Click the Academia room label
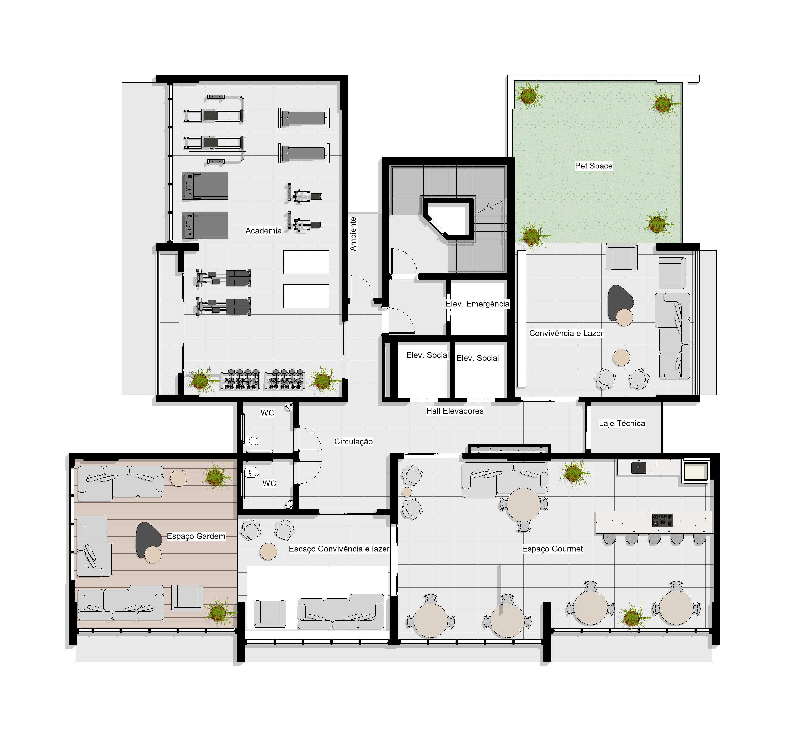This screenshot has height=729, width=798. (263, 231)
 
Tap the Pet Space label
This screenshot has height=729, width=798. (593, 166)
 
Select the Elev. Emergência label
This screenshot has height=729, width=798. (477, 304)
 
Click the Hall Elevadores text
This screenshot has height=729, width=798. (455, 411)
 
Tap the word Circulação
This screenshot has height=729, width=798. (354, 441)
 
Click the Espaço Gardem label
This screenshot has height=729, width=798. (196, 536)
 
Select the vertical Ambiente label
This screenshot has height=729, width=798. (353, 234)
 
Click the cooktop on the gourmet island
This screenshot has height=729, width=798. (662, 520)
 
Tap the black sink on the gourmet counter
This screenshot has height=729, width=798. (638, 467)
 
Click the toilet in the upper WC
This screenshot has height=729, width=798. (252, 441)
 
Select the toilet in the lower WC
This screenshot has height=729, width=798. (252, 472)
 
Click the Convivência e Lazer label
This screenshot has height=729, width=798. (566, 334)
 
